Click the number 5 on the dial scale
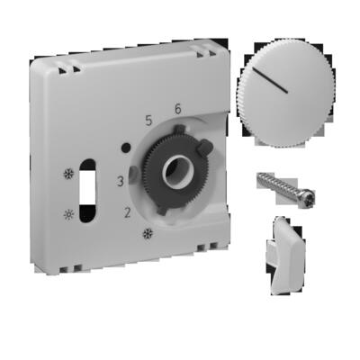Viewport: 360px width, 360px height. (x=150, y=117)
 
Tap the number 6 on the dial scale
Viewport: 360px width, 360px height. (x=177, y=109)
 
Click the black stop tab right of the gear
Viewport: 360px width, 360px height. (x=206, y=147)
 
